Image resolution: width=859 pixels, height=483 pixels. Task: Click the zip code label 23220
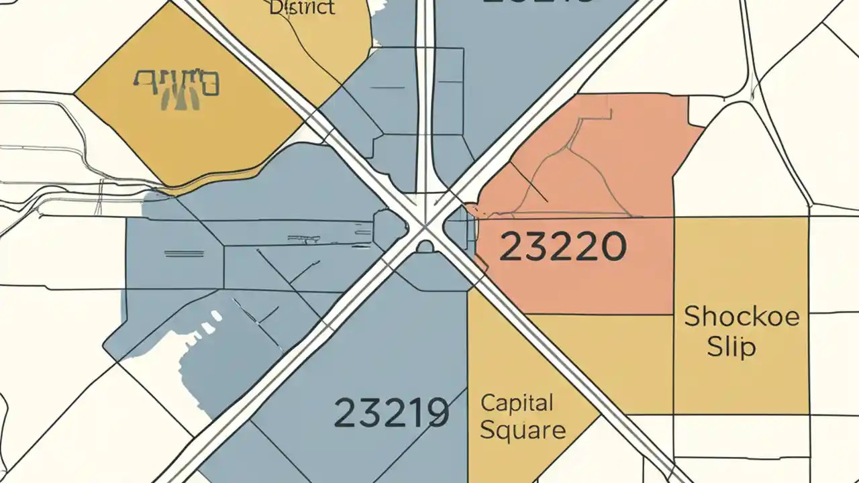[563, 247]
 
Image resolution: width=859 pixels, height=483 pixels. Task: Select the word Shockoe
[742, 316]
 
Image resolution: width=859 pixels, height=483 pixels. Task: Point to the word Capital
[517, 403]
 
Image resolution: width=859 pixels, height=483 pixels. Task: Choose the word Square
[523, 430]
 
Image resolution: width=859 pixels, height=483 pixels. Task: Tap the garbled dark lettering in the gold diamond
[176, 86]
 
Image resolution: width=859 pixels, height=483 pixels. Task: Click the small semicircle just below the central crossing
[425, 247]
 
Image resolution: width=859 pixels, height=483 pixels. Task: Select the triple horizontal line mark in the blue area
[183, 254]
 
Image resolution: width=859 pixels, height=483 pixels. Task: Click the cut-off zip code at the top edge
[537, 3]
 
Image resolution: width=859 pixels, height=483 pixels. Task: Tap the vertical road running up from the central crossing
[425, 101]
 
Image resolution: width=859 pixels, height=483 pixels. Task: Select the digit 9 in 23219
[437, 413]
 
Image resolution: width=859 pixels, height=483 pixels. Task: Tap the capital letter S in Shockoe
[693, 316]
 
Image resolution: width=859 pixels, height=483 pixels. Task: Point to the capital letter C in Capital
[489, 403]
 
